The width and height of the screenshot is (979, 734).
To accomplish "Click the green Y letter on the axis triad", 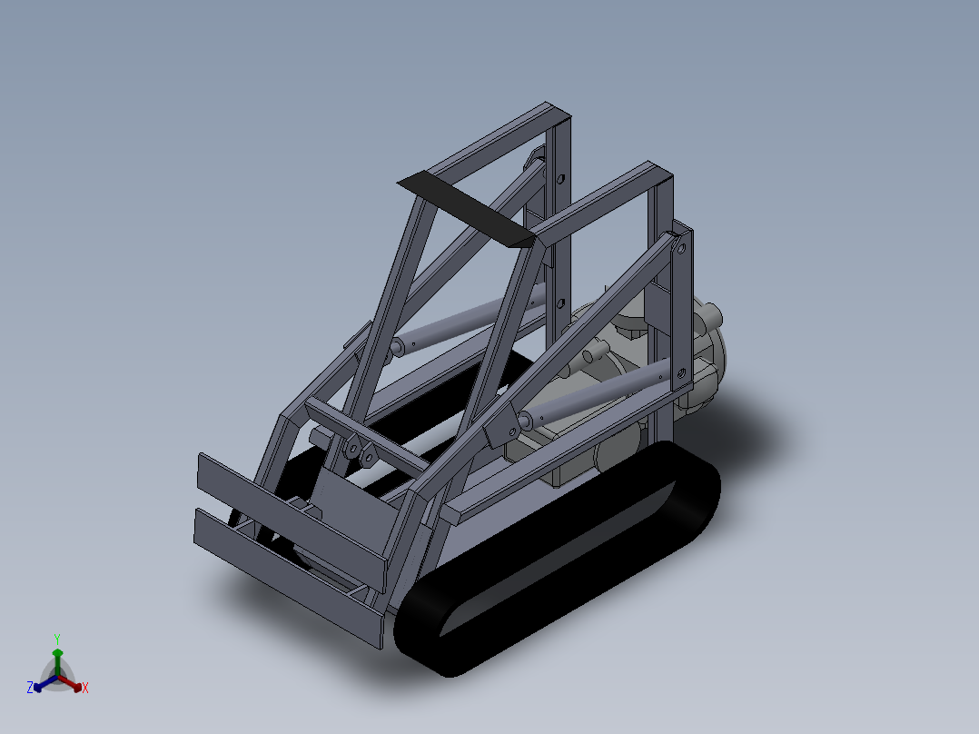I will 57,639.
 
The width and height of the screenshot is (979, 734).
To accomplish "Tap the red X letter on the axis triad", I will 85,689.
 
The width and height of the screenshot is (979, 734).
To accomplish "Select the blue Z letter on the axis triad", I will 30,689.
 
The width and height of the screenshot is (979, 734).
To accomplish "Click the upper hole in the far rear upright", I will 560,179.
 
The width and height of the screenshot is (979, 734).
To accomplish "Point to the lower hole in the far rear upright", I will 560,303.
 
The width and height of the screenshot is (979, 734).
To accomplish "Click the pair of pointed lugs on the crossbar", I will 360,451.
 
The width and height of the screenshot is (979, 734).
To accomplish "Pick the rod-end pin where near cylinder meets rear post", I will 659,373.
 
